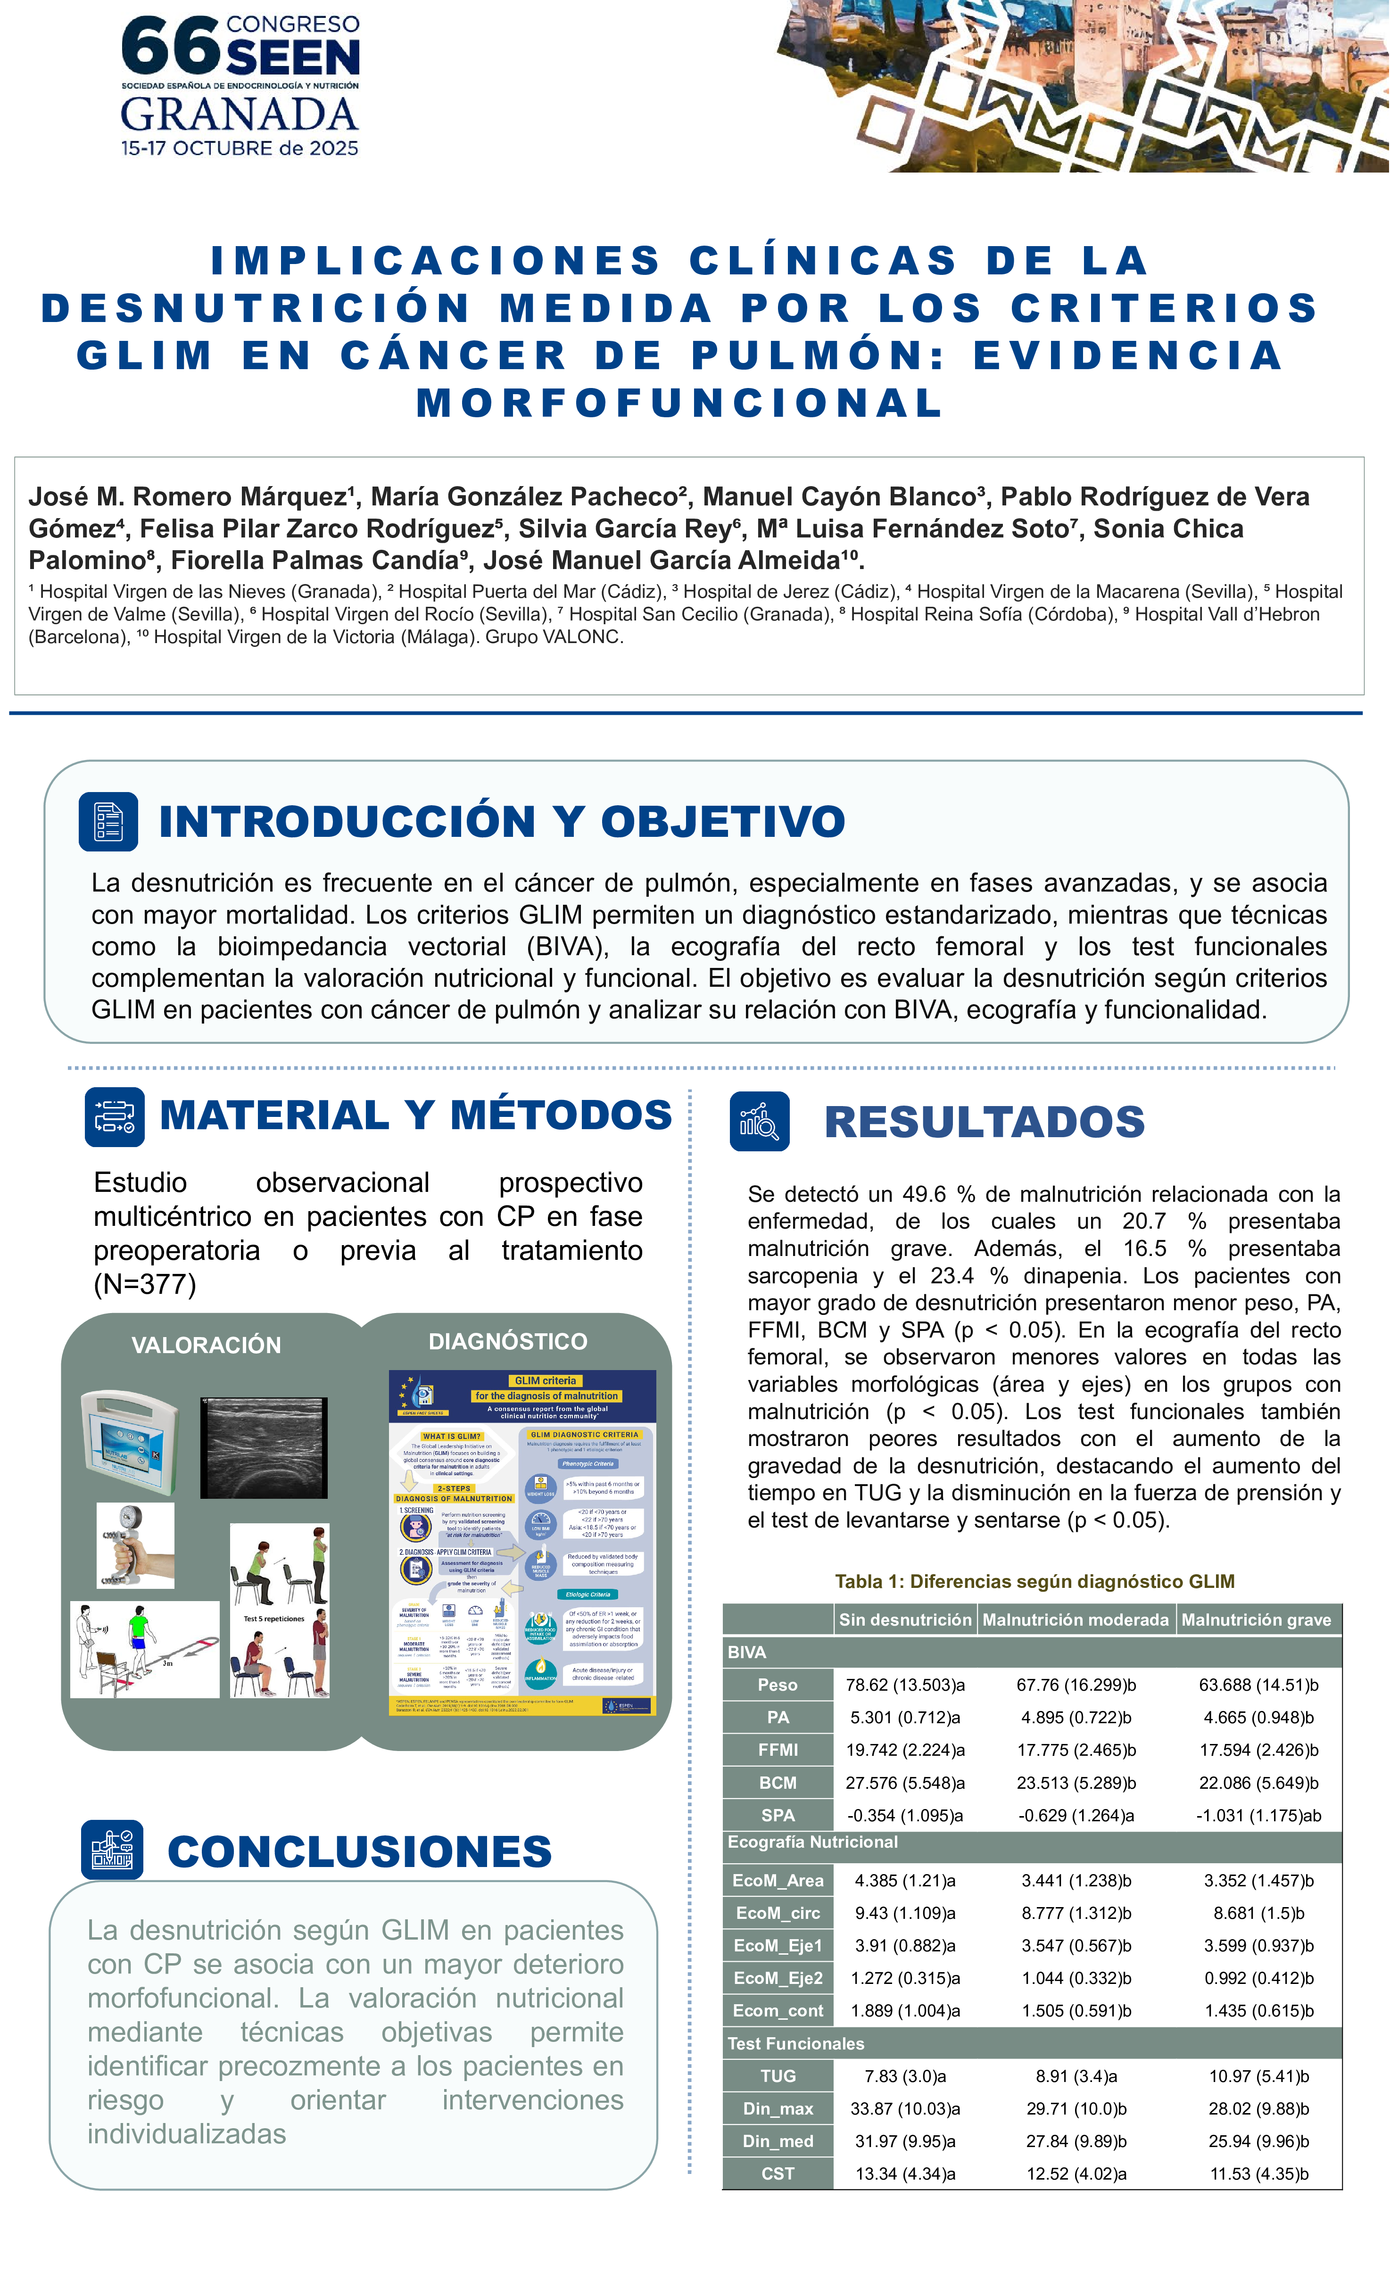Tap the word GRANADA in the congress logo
239,115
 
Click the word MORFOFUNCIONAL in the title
680,403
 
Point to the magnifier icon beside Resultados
759,1121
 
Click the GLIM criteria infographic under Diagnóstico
522,1542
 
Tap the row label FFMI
778,1749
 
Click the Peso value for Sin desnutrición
905,1685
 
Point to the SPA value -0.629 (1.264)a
1076,1815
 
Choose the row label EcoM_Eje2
778,1978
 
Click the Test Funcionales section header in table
796,2043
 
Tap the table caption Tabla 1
1034,1581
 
